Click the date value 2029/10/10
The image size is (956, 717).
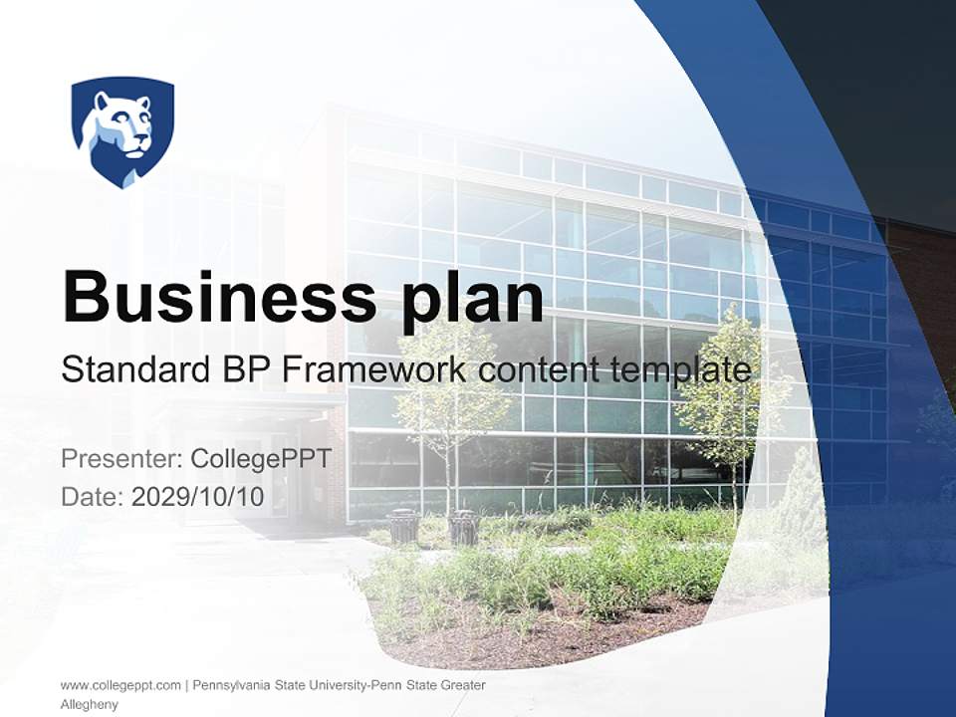197,496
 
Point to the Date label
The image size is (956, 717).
92,496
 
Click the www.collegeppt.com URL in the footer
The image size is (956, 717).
120,685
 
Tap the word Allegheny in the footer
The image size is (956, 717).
90,705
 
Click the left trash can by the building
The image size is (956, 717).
403,526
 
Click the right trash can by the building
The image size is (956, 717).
463,527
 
